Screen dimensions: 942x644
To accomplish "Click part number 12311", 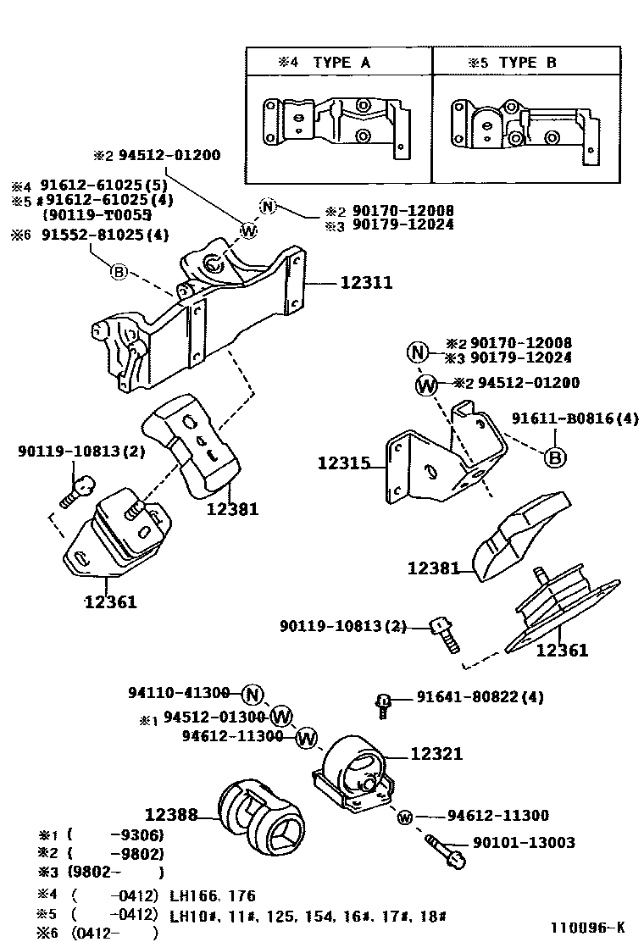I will pos(366,283).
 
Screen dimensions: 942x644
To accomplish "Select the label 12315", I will pos(345,463).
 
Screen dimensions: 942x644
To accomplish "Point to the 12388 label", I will pos(171,816).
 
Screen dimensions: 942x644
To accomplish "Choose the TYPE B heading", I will pos(527,63).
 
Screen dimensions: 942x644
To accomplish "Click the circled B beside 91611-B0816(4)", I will pos(555,458).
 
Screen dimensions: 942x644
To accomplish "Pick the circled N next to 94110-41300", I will pos(252,695).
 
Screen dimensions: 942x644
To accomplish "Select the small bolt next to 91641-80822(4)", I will pos(382,703).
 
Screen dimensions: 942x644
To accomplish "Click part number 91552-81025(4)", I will pos(101,235).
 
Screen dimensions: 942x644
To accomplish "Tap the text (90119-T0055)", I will pos(97,215).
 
